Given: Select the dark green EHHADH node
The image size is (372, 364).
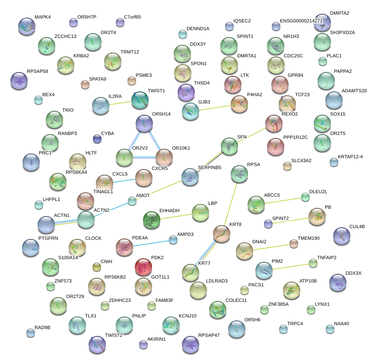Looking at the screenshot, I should point(151,220).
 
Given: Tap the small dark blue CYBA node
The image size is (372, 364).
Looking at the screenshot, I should point(97,138).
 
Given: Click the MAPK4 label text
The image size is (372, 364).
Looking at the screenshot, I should point(42,17).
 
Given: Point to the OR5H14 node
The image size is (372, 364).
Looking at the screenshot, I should point(144,123).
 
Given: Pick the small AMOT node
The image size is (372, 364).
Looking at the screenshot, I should point(132,201).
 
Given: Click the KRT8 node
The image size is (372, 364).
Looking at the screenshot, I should point(222,233).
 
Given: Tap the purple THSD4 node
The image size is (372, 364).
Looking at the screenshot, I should point(186,92).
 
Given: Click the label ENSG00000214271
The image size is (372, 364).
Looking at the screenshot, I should point(301,21).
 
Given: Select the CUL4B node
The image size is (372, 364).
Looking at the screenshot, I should point(341,235).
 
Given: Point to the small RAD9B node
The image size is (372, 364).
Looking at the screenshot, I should point(30,333).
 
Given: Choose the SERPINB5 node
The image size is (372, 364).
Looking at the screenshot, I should point(190,177).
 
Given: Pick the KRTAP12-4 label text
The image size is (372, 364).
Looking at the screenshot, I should point(350,157).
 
